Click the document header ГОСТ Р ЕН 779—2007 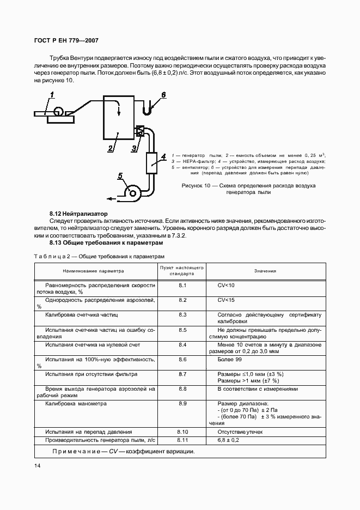tap(66, 40)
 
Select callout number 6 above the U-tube tap(163, 95)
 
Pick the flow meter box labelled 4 tap(152, 162)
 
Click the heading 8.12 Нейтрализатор tap(78, 214)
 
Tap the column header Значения tap(265, 271)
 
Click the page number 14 tap(37, 465)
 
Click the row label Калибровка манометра tap(76, 404)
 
